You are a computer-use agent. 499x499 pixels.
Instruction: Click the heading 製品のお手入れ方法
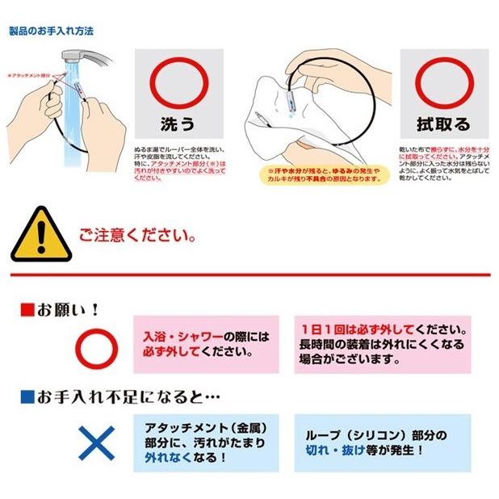coord(50,31)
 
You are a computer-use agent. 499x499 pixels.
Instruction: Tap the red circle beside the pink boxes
coord(98,346)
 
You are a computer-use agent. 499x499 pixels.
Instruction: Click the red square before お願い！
coord(25,309)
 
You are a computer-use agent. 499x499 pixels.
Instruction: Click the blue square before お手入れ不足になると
coord(25,396)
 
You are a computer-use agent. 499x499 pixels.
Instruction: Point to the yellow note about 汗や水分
coord(321,175)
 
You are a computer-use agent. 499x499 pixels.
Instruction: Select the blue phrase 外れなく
coord(169,457)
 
